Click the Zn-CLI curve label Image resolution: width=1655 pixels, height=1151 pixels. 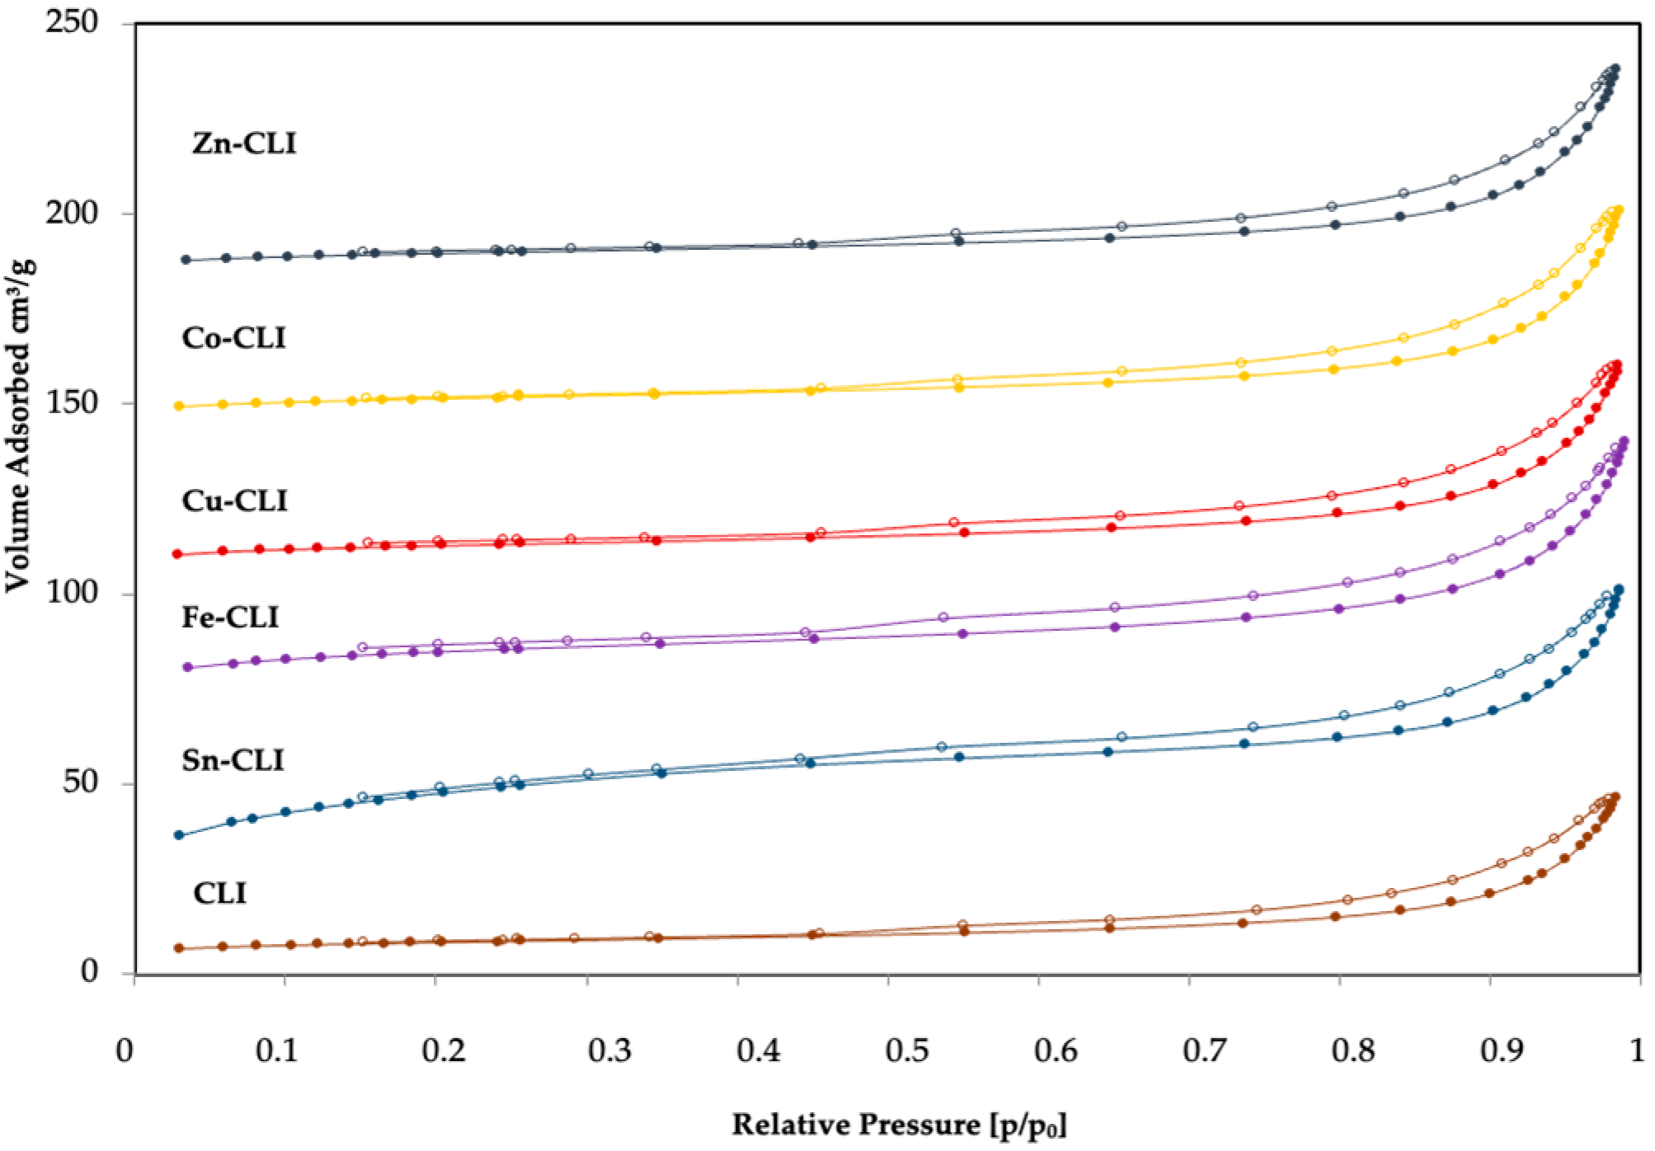(244, 143)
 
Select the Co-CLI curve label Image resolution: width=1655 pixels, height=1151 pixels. (234, 338)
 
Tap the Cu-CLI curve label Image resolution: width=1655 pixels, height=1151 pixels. (235, 500)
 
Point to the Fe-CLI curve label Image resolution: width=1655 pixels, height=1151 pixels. (230, 617)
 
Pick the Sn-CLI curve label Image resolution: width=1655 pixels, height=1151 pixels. (233, 759)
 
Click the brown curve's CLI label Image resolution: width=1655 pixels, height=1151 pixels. (219, 893)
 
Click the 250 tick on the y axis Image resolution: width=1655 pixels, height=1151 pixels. (72, 22)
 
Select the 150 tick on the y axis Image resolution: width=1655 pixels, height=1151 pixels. (72, 402)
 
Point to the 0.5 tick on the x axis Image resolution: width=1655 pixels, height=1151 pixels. (908, 1050)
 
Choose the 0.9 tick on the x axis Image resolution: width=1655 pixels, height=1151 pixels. (1502, 1050)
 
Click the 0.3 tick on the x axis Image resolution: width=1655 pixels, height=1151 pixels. (609, 1050)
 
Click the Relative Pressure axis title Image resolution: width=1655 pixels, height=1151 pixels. (899, 1125)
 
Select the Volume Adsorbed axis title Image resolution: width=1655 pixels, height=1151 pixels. (19, 425)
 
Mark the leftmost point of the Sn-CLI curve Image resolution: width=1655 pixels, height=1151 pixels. (179, 835)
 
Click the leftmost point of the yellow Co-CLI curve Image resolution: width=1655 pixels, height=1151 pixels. (179, 406)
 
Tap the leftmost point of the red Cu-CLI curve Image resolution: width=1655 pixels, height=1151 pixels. (177, 554)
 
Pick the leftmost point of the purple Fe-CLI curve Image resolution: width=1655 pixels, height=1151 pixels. (187, 667)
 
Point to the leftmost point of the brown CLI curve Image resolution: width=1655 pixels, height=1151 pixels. (179, 948)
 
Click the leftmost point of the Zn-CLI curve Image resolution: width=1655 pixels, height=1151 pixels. (186, 260)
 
